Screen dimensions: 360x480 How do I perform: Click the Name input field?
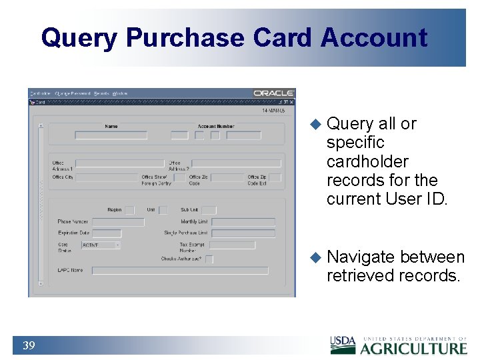coord(111,135)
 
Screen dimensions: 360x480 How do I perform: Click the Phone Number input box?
coord(118,222)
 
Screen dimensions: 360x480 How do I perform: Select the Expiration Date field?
coord(107,233)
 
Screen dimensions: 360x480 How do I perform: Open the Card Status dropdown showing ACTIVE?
coord(101,245)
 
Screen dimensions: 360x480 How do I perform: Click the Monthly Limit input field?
coord(243,222)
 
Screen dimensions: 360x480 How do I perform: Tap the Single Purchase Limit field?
coord(243,233)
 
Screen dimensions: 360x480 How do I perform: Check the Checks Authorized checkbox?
coord(209,259)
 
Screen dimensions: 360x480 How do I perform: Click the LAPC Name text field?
coord(180,271)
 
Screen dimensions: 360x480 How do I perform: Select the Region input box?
coord(129,210)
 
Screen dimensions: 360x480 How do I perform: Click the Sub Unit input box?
coord(209,210)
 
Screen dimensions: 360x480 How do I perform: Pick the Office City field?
coord(106,178)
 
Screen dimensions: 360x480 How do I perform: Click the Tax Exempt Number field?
coord(232,245)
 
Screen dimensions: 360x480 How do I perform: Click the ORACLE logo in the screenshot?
coord(274,93)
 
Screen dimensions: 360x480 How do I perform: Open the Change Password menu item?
coord(72,93)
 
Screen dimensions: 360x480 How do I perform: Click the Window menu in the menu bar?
coord(120,93)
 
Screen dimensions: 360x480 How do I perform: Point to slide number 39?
coord(29,345)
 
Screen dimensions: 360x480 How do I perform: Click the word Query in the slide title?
coord(79,38)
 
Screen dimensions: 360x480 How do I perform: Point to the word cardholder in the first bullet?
coord(367,161)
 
